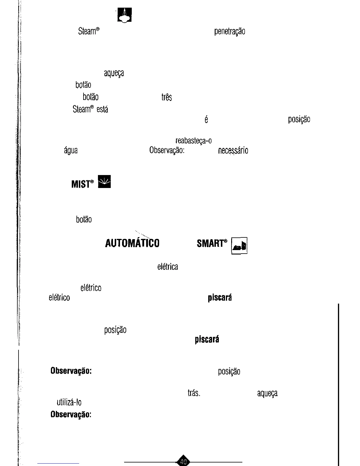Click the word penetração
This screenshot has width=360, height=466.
click(x=230, y=31)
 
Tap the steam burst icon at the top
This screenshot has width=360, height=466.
click(x=124, y=15)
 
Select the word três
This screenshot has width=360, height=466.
click(x=166, y=97)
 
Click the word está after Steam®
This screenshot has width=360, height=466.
click(x=102, y=109)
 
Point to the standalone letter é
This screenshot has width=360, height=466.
click(x=206, y=119)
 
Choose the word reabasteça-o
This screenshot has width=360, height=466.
click(x=194, y=141)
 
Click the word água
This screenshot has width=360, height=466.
click(x=71, y=151)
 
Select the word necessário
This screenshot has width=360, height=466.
click(x=233, y=151)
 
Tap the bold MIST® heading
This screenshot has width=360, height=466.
click(x=83, y=184)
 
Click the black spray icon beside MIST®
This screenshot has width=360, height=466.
click(x=104, y=181)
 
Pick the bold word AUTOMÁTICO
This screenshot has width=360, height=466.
click(x=132, y=243)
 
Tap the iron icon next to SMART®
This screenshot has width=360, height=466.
click(x=239, y=246)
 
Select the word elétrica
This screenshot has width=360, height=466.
click(x=168, y=267)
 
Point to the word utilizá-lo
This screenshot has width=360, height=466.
click(x=69, y=402)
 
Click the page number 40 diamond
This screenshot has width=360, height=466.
click(x=183, y=461)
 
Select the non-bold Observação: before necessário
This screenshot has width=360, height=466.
click(x=167, y=150)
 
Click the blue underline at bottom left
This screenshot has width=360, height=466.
click(x=58, y=463)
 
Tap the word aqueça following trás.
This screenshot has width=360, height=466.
click(x=267, y=393)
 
